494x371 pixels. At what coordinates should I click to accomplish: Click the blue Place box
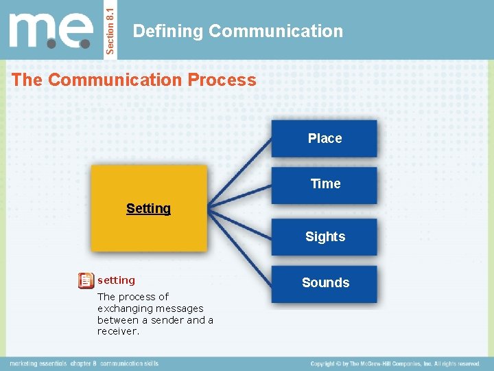coord(325,138)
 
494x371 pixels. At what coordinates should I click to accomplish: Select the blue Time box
coord(325,184)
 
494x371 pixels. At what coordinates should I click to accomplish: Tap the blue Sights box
coord(325,237)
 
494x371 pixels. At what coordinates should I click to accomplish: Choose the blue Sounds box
coord(325,283)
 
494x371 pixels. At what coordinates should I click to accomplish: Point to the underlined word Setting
coord(148,208)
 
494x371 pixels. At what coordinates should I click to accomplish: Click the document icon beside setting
coord(86,280)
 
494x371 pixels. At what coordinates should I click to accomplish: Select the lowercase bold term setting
coord(116,280)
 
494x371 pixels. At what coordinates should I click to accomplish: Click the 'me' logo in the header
coord(51,31)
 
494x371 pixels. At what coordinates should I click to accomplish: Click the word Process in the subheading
coord(224,80)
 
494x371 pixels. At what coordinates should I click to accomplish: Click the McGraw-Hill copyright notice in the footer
coord(395,363)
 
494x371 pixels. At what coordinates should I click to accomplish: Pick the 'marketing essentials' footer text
coord(37,363)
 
